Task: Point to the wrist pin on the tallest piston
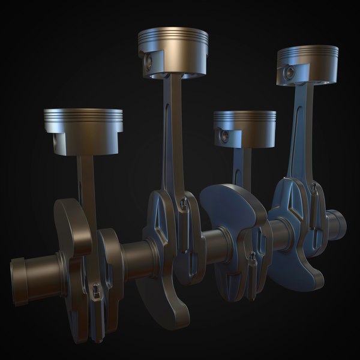tap(148, 59)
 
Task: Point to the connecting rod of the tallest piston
tap(173, 132)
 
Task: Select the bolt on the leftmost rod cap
tap(95, 292)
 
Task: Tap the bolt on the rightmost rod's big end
tap(313, 191)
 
